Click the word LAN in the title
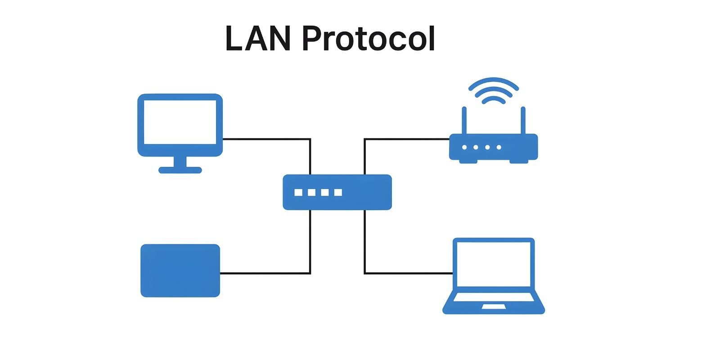click(x=257, y=39)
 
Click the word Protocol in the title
click(x=368, y=39)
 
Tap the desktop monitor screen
click(x=180, y=121)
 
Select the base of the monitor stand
click(x=180, y=170)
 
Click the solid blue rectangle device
click(x=180, y=270)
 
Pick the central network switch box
click(x=360, y=192)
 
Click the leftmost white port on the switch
click(x=298, y=193)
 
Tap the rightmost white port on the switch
click(x=338, y=193)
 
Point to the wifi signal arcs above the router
click(x=494, y=90)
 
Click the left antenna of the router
click(x=464, y=120)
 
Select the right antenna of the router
click(x=523, y=120)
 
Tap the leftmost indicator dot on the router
click(x=464, y=147)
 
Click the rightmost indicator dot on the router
click(x=499, y=147)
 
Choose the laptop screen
click(x=494, y=264)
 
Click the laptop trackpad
click(x=494, y=307)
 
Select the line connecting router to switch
click(x=405, y=139)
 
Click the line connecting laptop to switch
click(x=405, y=273)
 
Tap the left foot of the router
click(x=468, y=161)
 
